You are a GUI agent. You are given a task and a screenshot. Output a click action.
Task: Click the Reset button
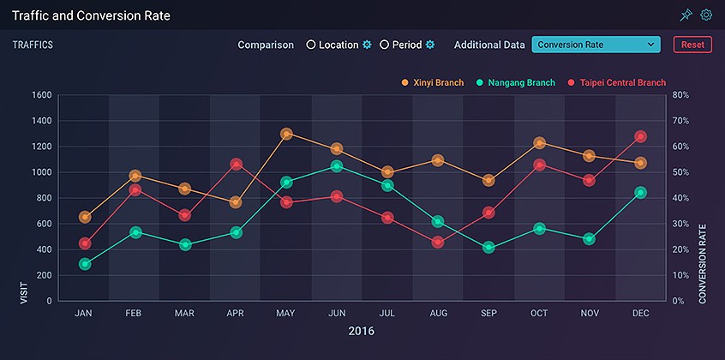692,45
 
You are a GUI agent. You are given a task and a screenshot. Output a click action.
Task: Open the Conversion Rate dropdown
596,45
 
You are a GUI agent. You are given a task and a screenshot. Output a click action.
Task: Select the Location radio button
311,45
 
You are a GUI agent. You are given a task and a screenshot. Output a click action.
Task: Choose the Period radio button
385,45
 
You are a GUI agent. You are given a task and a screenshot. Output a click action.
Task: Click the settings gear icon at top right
706,15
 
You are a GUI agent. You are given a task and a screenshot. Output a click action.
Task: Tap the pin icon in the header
686,15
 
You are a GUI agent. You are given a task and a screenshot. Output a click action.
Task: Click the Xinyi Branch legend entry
433,83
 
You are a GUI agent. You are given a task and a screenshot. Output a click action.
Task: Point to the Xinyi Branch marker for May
286,134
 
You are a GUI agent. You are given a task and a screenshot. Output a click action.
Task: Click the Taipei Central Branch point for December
640,136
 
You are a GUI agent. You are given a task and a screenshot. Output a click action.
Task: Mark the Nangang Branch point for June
337,166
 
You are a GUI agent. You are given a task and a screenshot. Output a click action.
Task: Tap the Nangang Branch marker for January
84,264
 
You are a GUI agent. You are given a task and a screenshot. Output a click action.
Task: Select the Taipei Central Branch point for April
236,164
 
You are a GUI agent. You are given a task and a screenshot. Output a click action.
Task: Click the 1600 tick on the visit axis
41,95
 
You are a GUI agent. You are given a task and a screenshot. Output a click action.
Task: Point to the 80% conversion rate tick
680,95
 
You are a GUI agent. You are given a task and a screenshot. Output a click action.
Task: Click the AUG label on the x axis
438,314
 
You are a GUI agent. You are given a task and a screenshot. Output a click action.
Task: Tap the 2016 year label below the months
361,331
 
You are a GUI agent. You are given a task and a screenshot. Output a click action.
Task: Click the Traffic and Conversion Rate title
91,15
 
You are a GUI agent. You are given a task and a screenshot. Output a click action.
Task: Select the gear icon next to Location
367,45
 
